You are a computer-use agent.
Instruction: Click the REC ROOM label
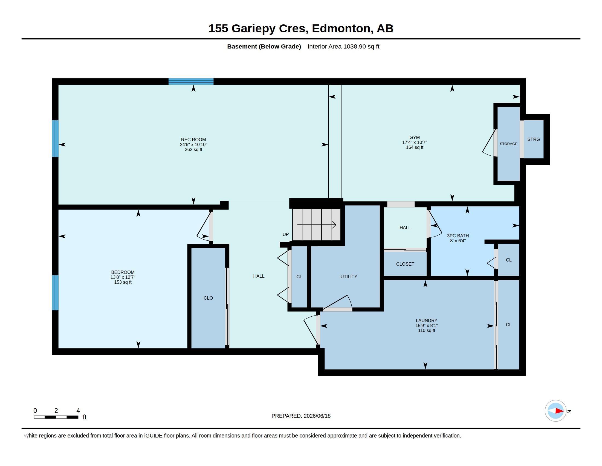[193, 140]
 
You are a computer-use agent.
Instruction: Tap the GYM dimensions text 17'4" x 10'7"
[414, 143]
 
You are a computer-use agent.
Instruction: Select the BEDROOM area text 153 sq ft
[123, 282]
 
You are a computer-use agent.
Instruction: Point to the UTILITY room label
[349, 277]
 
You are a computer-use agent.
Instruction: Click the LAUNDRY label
[426, 320]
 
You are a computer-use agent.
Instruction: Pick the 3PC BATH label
[458, 236]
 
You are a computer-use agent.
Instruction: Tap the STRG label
[533, 140]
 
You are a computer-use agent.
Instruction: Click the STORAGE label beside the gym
[509, 144]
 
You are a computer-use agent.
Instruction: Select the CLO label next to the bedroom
[208, 298]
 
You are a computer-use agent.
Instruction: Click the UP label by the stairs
[286, 234]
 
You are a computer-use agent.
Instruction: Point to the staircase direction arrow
[316, 225]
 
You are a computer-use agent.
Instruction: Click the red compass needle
[560, 411]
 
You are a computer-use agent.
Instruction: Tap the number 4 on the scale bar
[78, 411]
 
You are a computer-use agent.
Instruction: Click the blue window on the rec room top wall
[191, 81]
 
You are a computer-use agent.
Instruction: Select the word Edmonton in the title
[341, 29]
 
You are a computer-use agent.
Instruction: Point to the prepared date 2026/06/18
[317, 416]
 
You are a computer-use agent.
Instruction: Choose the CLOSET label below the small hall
[405, 264]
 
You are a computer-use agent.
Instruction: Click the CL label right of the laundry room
[509, 325]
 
